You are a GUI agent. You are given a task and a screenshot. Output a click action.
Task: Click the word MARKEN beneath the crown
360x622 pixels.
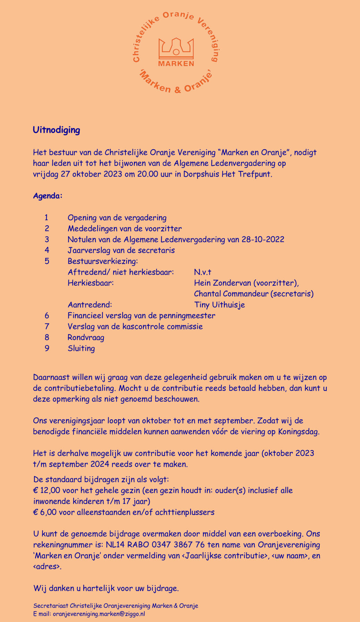(176, 64)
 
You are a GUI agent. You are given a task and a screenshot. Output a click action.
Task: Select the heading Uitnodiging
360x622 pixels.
(57, 130)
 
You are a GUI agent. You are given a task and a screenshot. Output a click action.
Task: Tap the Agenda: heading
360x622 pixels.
(48, 196)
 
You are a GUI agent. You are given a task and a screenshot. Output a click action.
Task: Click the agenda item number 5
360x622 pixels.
(47, 261)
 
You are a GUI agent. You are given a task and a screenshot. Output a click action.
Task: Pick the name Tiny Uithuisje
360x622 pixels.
(219, 305)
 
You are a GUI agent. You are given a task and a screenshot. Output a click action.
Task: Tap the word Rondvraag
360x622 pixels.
(86, 337)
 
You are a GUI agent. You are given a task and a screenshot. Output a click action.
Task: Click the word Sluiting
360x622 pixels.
(81, 348)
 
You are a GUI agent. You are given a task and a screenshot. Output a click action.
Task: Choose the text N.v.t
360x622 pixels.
(203, 272)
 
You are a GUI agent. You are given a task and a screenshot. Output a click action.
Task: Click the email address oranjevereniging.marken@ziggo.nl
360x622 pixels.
(99, 614)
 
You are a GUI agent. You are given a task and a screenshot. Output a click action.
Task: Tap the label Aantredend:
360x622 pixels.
(90, 305)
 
